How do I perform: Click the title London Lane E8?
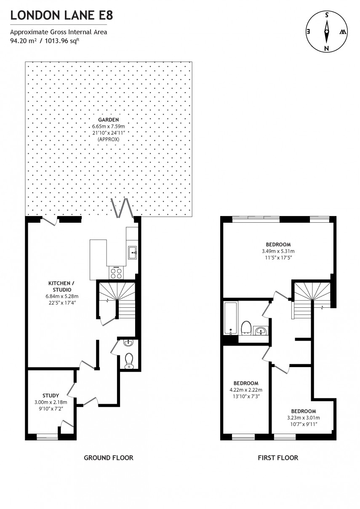61,16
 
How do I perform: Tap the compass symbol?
326,32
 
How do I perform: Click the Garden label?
109,120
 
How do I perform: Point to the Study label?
51,395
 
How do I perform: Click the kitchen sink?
133,253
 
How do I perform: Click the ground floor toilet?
129,360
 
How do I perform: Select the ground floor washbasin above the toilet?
128,343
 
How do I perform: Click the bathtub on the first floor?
230,318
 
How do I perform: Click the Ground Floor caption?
109,458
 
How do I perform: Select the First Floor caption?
278,458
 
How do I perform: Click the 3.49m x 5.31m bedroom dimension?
278,252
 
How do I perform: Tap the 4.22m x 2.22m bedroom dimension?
246,390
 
